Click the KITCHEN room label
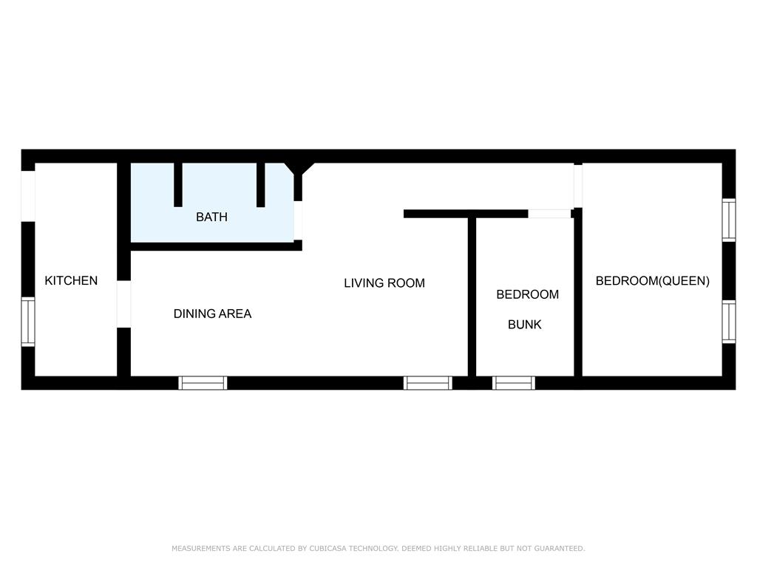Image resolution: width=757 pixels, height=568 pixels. coord(71,280)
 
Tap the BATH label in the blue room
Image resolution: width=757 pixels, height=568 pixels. coord(211,217)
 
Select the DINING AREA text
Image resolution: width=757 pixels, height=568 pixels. coord(212,314)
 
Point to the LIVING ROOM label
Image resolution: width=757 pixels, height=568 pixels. coord(384,283)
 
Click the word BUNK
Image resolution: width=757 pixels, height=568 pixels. coord(525,325)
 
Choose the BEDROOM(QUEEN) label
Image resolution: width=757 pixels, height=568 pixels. coord(653,280)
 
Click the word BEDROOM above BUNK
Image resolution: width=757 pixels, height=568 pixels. coord(528,294)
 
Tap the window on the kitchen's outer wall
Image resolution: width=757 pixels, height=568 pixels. coord(28,322)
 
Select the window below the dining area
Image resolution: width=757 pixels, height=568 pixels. coord(203,383)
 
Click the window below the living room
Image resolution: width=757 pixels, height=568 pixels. coord(428,383)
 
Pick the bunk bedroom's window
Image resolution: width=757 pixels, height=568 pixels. coord(514,383)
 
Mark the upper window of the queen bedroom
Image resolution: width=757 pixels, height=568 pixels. coord(729,220)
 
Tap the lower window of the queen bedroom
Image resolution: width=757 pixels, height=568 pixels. coord(729,322)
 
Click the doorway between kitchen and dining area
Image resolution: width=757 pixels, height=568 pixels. coord(124,304)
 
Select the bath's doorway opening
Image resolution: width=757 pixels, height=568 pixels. coord(299,220)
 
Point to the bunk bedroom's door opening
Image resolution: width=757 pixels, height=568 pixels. coord(549,214)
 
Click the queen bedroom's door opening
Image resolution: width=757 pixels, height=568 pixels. coord(578,186)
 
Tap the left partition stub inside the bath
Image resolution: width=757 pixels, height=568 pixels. coord(178,185)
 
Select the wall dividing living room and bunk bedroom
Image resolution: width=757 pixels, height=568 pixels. coord(472,297)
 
